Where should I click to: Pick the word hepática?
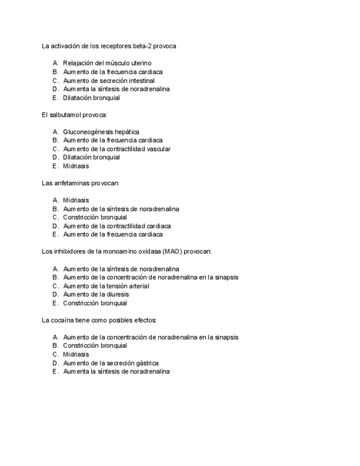[x=127, y=132]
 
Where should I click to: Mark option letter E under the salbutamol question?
[x=55, y=166]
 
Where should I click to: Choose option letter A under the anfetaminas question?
[x=55, y=201]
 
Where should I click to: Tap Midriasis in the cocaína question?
[x=76, y=354]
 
